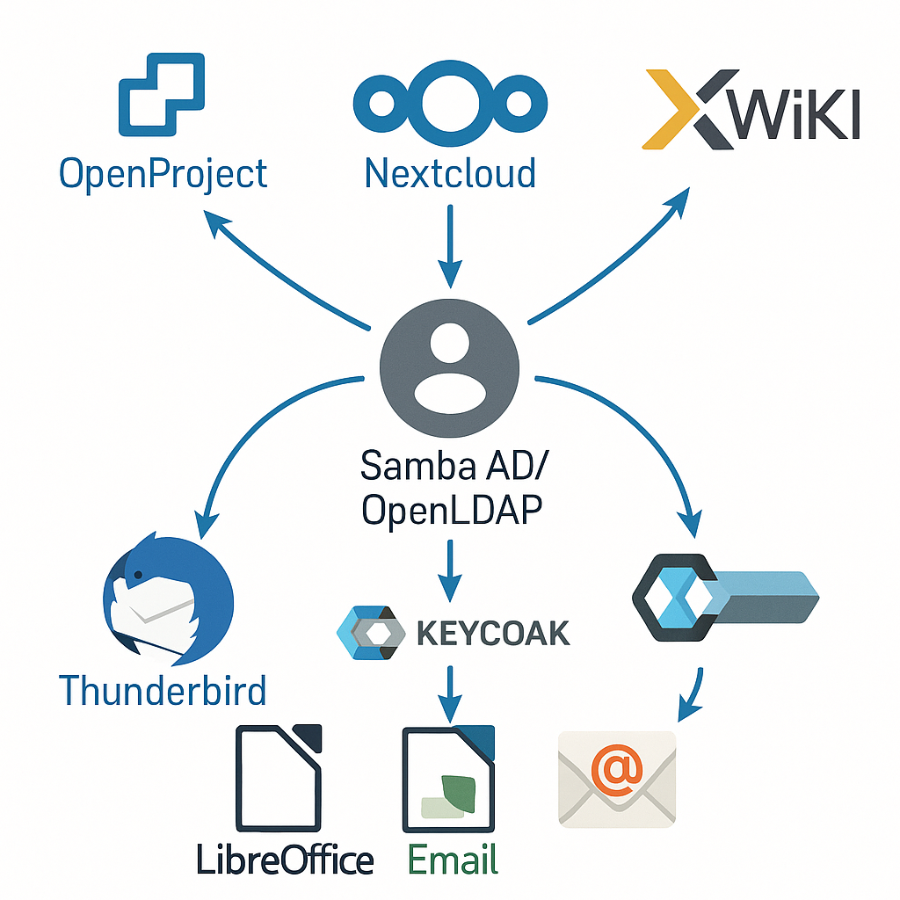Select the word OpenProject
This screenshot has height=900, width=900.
[x=163, y=174]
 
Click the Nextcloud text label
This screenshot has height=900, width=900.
[x=449, y=173]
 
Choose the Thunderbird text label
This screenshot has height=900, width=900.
[x=163, y=690]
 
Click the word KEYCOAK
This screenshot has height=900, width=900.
[x=492, y=633]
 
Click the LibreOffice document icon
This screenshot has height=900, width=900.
[x=278, y=779]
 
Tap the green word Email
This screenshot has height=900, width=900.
[x=454, y=858]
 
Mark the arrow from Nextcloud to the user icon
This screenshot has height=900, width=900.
[x=449, y=246]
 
